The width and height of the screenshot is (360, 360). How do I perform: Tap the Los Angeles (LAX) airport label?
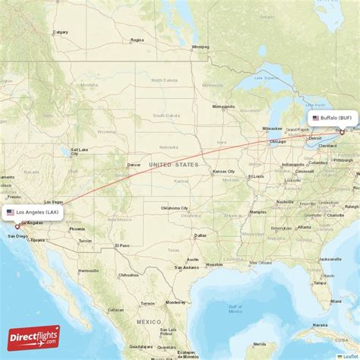pyautogui.click(x=32, y=212)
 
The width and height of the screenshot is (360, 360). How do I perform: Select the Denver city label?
pyautogui.click(x=134, y=164)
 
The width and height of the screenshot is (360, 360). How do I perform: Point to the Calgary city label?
pyautogui.click(x=61, y=32)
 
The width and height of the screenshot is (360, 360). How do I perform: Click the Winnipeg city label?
pyautogui.click(x=201, y=46)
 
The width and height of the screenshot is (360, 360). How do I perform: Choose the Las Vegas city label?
pyautogui.click(x=53, y=202)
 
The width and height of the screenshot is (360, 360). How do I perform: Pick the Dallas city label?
pyautogui.click(x=201, y=235)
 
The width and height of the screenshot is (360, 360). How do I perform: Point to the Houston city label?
pyautogui.click(x=215, y=264)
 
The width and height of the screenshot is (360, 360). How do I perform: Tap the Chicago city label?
pyautogui.click(x=276, y=141)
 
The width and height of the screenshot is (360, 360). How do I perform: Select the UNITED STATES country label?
pyautogui.click(x=173, y=164)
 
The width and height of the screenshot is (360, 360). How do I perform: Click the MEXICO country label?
pyautogui.click(x=148, y=322)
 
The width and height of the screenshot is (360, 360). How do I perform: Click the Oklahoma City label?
pyautogui.click(x=174, y=207)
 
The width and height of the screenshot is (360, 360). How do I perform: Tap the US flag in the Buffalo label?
pyautogui.click(x=316, y=118)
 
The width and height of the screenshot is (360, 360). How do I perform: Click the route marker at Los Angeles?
pyautogui.click(x=17, y=226)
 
